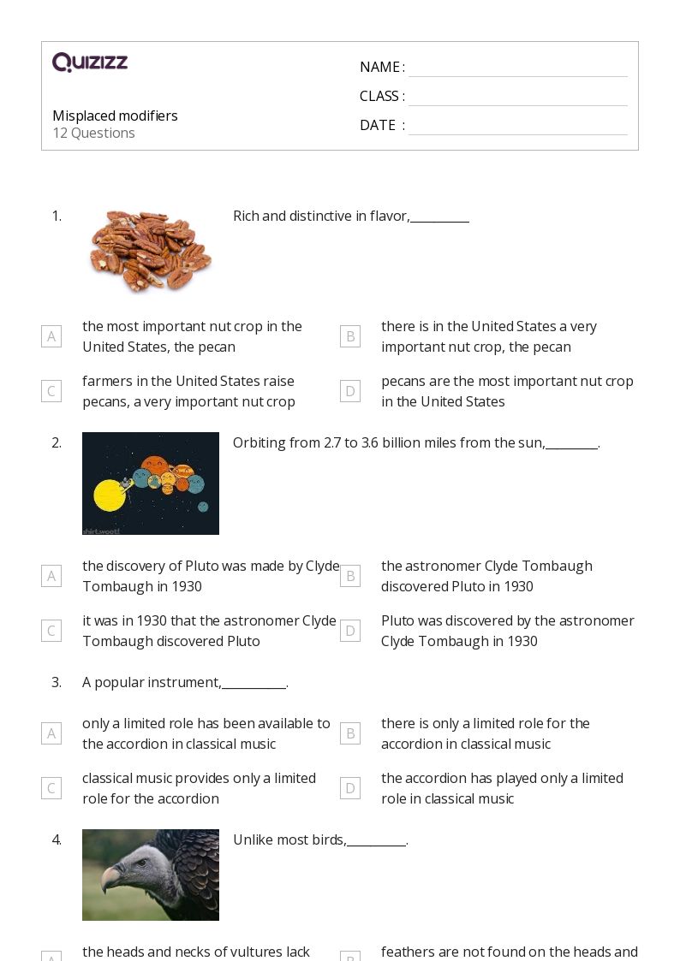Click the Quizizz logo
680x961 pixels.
click(x=90, y=62)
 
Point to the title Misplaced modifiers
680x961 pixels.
click(x=115, y=116)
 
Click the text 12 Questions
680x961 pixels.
click(x=93, y=133)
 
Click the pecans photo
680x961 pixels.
click(x=151, y=251)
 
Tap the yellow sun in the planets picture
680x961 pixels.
click(x=109, y=495)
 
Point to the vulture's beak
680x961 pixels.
click(x=112, y=879)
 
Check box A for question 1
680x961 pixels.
click(x=51, y=336)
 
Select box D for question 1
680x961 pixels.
click(x=349, y=391)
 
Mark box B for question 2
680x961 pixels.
click(x=349, y=576)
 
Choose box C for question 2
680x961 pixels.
click(x=51, y=631)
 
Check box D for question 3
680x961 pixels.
click(x=349, y=788)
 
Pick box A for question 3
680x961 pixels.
click(x=51, y=733)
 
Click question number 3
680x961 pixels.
click(x=57, y=682)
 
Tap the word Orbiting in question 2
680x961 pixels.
click(x=258, y=442)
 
